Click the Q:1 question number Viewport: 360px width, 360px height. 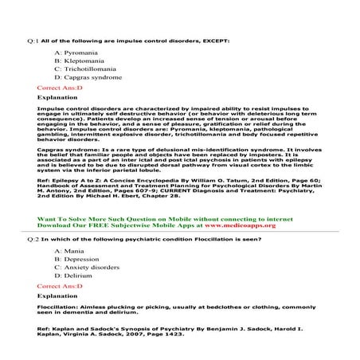coord(32,39)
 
